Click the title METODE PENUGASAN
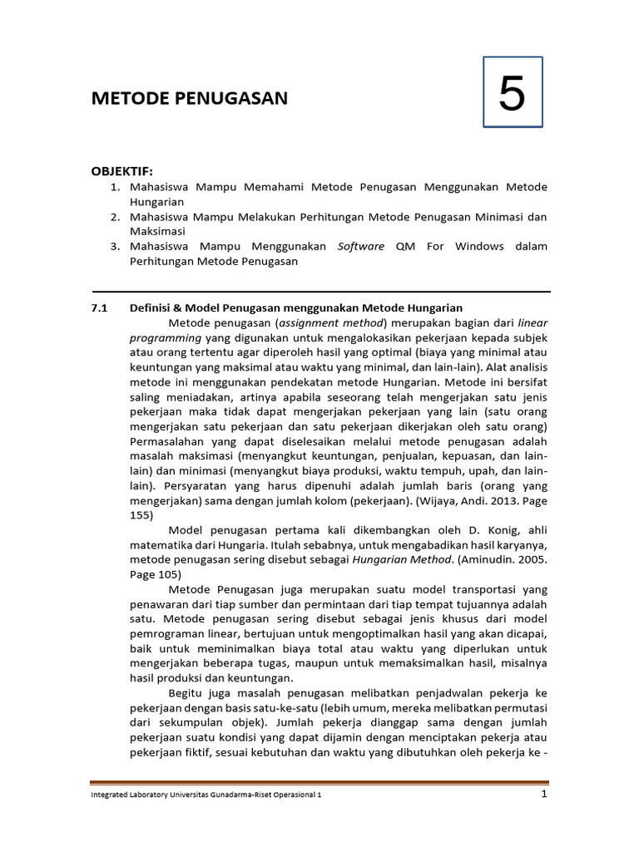pos(190,99)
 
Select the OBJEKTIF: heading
pos(122,171)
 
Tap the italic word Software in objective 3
pos(361,247)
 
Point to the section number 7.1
pos(99,307)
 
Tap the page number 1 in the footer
pos(543,794)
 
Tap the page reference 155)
pos(141,515)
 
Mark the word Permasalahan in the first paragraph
pos(171,441)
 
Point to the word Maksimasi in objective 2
pos(157,231)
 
